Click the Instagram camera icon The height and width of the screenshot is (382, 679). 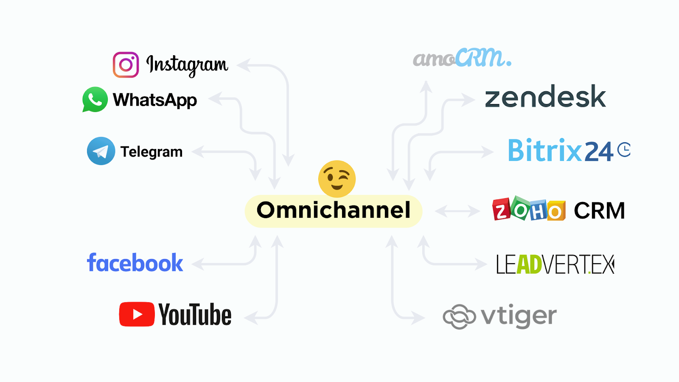(126, 65)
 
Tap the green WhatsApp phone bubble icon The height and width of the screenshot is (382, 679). (95, 99)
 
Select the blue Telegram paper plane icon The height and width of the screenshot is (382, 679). (101, 151)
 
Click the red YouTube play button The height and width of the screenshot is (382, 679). (137, 314)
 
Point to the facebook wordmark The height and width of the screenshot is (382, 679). (135, 262)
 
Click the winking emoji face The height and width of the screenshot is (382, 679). (337, 179)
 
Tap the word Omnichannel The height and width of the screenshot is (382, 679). (334, 210)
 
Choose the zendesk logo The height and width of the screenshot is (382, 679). (545, 96)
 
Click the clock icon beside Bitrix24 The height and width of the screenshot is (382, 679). (624, 149)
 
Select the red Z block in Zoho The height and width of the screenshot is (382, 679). (501, 209)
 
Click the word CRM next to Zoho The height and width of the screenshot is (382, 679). (599, 211)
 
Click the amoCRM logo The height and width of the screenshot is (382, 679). (462, 57)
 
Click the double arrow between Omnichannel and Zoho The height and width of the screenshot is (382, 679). (457, 211)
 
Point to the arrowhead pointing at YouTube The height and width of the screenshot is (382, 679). (251, 318)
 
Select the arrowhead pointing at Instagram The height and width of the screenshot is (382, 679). (244, 65)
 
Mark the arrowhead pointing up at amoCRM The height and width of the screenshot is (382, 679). (426, 87)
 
